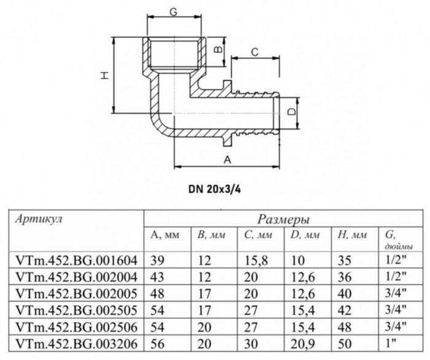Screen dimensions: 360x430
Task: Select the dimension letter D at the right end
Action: coord(294,113)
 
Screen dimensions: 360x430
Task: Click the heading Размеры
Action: coord(283,219)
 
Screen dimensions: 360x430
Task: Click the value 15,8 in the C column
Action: coord(253,260)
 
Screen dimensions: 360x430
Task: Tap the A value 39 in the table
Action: coord(155,260)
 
